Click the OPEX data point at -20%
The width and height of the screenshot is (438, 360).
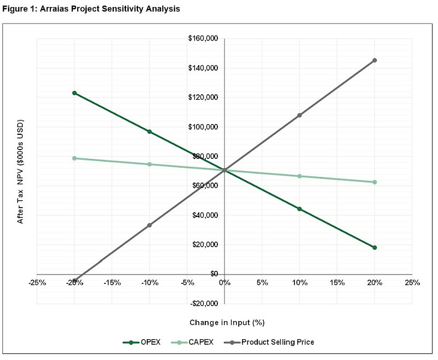coord(74,93)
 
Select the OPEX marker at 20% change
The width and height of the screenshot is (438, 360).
coord(374,248)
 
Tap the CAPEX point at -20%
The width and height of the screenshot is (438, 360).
coord(74,158)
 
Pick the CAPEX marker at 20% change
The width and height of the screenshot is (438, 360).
coord(374,182)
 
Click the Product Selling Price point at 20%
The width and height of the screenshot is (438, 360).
coord(374,60)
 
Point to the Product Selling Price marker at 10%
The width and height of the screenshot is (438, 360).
coord(299,116)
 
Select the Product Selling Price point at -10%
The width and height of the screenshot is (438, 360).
coord(149,225)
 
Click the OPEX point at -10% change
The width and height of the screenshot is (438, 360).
coord(149,132)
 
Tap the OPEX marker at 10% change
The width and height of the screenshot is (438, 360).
coord(299,209)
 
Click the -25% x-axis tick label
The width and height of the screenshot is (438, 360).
coord(37,283)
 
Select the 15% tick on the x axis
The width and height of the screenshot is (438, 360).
coord(337,283)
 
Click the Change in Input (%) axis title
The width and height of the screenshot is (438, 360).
coord(223,323)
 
